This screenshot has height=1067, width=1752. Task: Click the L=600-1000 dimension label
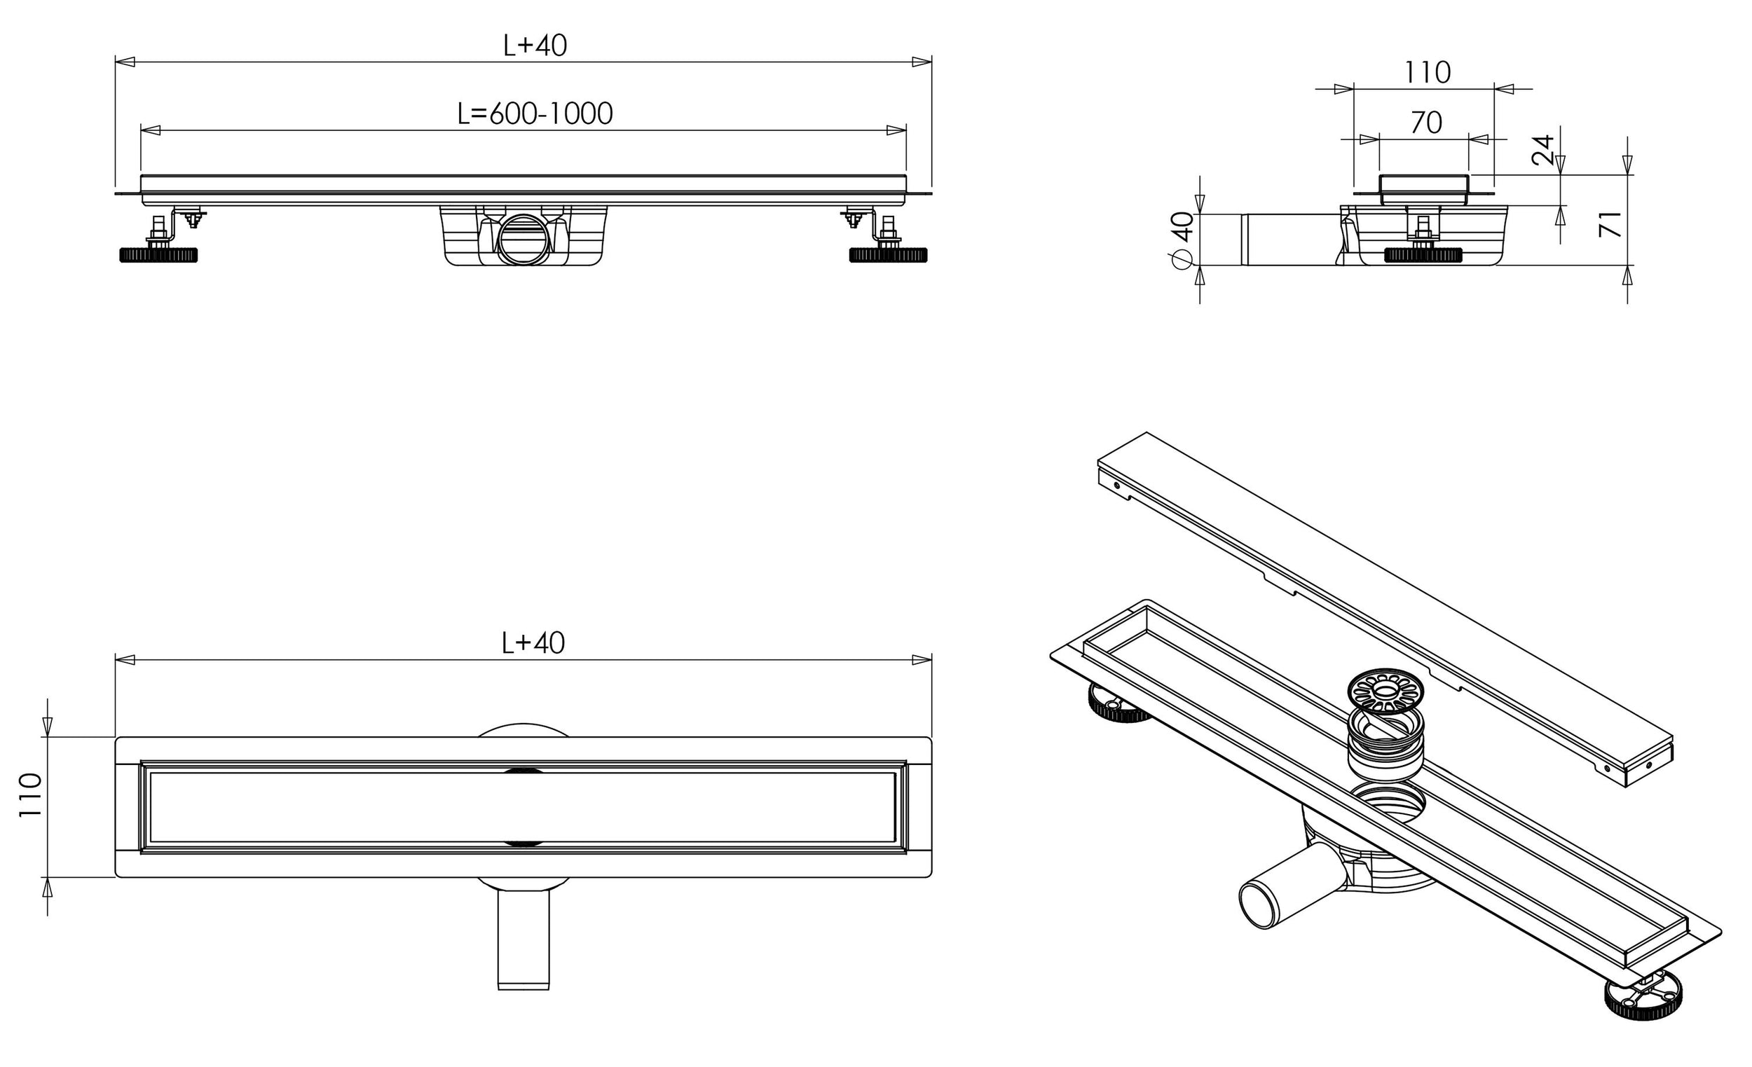(x=535, y=113)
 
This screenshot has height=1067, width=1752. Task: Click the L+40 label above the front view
(x=535, y=46)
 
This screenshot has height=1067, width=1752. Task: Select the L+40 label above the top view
(x=533, y=643)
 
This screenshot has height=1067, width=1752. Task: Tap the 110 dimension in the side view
(x=1427, y=72)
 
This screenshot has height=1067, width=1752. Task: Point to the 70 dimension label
(x=1425, y=123)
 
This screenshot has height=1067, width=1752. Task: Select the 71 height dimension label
(x=1610, y=224)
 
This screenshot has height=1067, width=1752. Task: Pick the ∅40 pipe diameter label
(x=1182, y=240)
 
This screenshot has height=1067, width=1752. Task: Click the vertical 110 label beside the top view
(x=31, y=795)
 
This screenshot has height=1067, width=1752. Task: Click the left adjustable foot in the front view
(x=158, y=254)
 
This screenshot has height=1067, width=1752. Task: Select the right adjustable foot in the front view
(x=889, y=254)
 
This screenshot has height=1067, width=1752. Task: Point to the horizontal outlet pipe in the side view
(x=1291, y=240)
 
